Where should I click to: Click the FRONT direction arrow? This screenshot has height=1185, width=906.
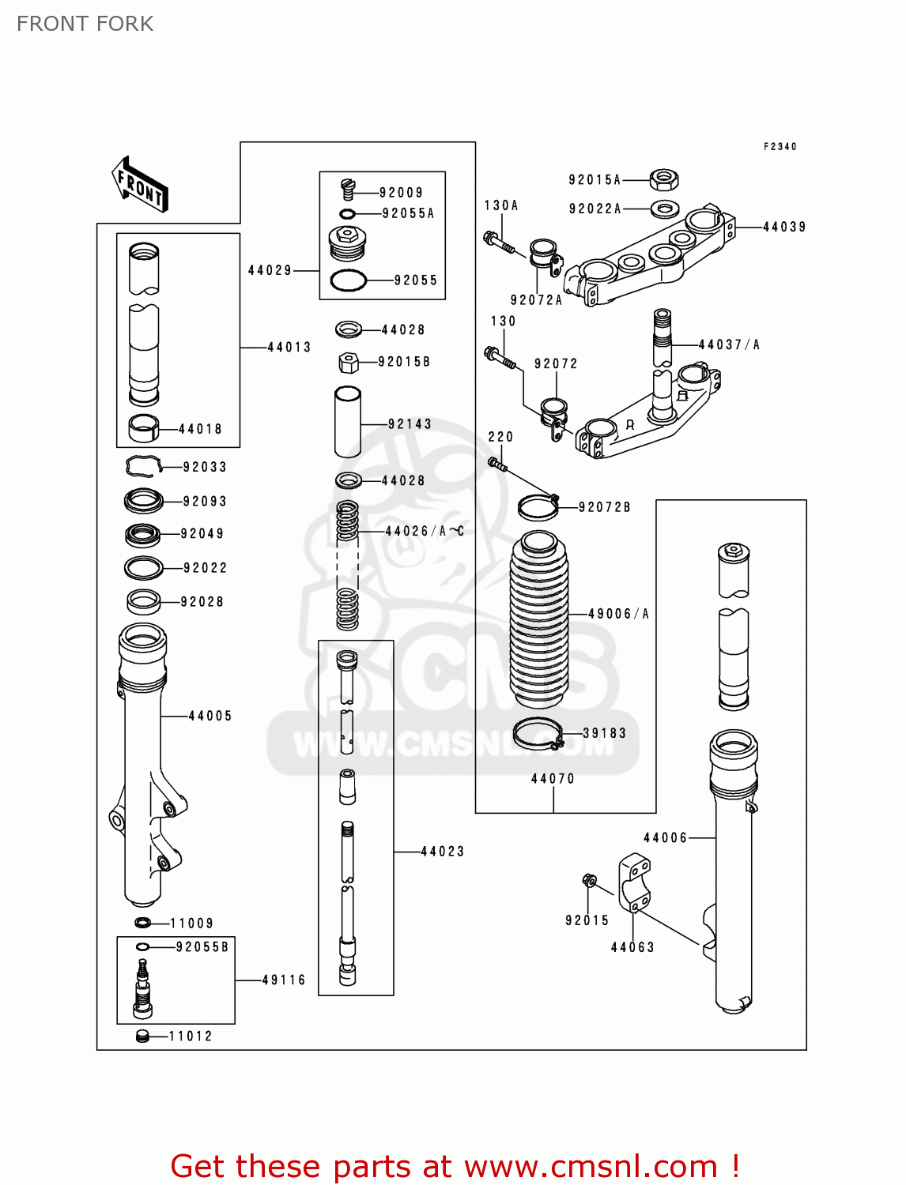click(141, 185)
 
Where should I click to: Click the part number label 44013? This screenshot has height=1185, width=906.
click(289, 347)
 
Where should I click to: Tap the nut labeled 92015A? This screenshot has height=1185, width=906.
click(664, 180)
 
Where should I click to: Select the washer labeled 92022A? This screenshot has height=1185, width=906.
click(664, 209)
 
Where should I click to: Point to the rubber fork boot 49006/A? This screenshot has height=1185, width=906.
click(539, 620)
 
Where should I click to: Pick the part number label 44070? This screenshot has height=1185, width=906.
click(553, 779)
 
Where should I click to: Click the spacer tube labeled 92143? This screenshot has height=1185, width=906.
click(348, 421)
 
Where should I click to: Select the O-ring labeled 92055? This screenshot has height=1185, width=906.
click(348, 280)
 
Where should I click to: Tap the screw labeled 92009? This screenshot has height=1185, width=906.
click(348, 190)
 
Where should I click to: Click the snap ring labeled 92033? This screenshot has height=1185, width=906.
click(143, 467)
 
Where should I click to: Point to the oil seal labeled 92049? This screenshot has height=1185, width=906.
click(143, 535)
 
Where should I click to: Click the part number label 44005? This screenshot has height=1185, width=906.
click(210, 716)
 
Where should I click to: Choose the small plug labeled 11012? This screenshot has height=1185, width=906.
click(142, 1036)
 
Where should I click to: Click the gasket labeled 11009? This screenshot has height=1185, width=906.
click(143, 923)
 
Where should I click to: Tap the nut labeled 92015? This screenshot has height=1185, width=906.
click(588, 880)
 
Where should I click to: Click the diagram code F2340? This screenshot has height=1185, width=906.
click(780, 147)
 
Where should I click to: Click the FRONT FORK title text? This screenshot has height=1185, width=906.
click(85, 24)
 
